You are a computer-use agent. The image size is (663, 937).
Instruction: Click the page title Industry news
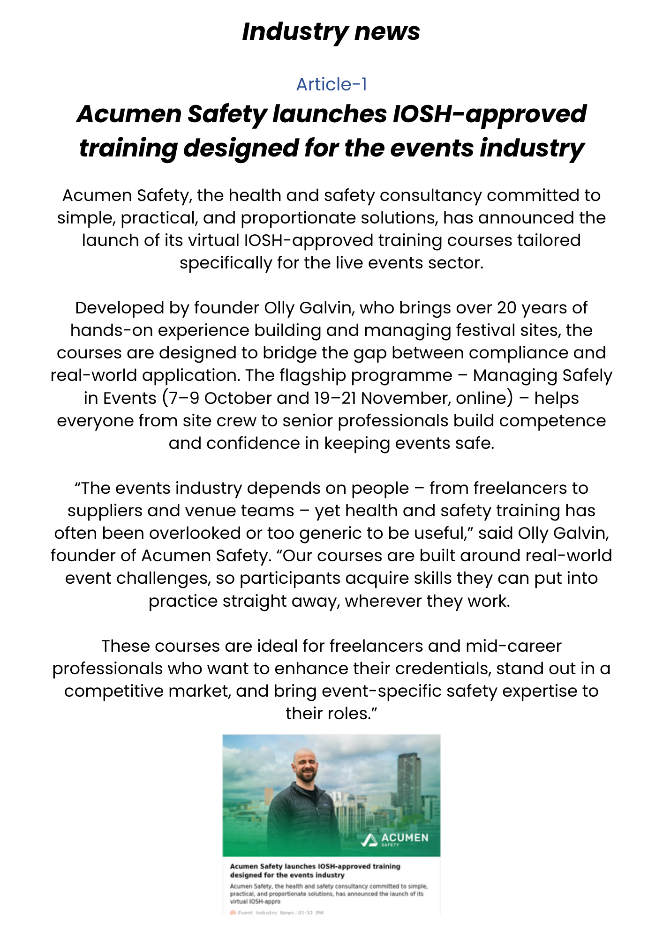331,32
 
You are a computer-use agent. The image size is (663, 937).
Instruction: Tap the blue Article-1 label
331,84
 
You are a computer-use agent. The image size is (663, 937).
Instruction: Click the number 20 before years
506,308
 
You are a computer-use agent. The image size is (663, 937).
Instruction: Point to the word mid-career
513,646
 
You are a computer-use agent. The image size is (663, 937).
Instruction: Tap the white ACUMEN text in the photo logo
405,838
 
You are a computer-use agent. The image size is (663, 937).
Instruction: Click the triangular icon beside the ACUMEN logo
369,840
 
